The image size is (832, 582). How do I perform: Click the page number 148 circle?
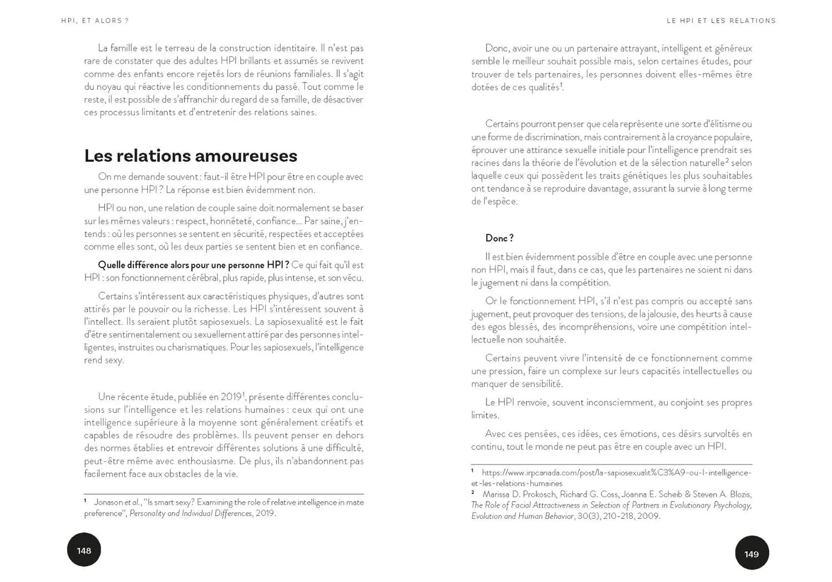pos(84,550)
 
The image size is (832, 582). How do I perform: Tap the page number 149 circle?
pos(752,553)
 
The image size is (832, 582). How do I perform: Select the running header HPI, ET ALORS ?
pos(95,21)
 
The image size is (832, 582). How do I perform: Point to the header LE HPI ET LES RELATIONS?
pos(721,21)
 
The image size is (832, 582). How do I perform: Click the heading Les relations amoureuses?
pos(190,156)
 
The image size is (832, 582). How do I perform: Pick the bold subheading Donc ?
pos(499,238)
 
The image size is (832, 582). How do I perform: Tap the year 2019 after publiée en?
pos(231,397)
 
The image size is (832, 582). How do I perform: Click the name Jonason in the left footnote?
pos(109,502)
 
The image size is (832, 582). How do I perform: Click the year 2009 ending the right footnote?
pos(648,516)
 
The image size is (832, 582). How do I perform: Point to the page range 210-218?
pos(615,516)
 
